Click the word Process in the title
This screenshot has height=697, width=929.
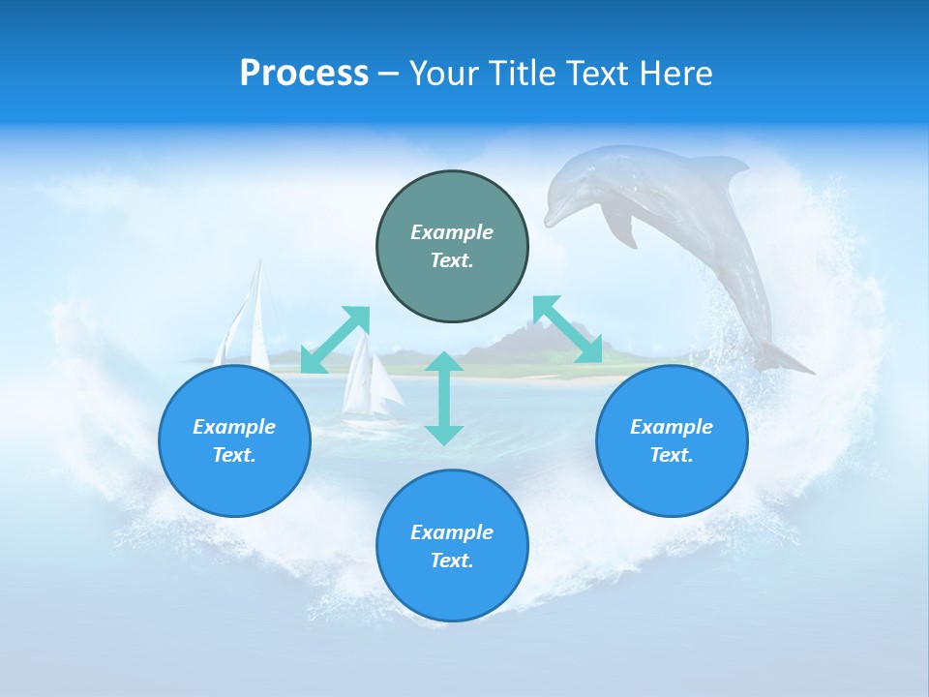304,74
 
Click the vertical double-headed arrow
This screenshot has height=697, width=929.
444,398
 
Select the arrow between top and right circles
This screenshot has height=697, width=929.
568,329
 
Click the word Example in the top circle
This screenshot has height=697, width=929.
452,232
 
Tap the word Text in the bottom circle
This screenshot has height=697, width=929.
450,561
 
